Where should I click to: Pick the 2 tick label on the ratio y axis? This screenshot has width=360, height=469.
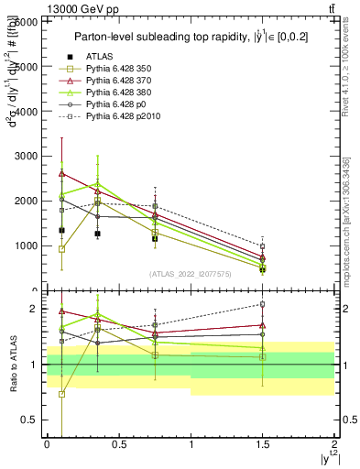(34, 309)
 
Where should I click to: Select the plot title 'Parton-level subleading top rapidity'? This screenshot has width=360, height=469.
(179, 37)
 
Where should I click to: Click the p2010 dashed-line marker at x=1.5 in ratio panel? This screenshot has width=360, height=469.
(262, 304)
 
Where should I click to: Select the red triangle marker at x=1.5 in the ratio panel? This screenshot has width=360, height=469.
(262, 325)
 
